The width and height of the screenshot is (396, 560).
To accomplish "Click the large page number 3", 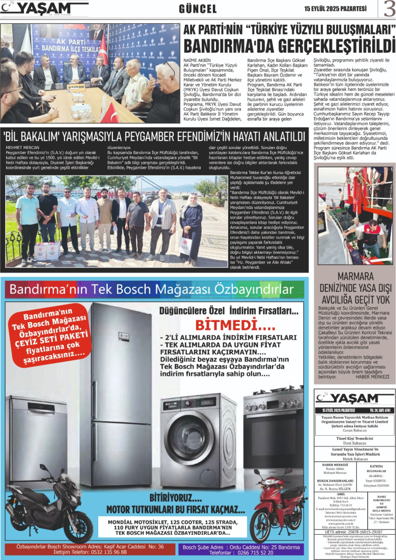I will coord(388,10).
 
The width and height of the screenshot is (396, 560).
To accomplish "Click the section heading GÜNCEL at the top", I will coord(198,9).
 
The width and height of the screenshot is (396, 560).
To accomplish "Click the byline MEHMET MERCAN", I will coord(22,148).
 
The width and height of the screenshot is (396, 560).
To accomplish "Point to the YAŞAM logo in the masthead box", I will coord(348,398).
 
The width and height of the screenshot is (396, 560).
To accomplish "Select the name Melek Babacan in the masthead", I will coord(355,459).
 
